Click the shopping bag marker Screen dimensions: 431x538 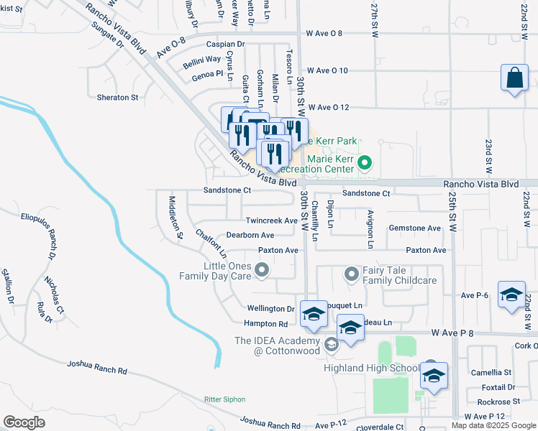515,79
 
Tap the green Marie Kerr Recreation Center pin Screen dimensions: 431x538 365,164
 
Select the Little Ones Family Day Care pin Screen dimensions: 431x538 262,270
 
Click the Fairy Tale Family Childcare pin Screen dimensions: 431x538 352,274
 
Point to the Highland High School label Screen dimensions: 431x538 375,369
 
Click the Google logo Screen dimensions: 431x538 24,422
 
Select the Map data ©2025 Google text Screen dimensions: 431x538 493,425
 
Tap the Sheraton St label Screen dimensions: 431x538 117,97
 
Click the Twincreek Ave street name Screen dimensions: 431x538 271,221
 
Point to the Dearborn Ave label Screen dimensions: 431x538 250,236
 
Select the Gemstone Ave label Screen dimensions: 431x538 414,228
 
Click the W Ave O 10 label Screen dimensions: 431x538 327,70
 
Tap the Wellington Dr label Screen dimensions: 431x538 271,309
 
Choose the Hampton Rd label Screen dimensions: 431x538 265,324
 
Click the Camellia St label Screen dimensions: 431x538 497,373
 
